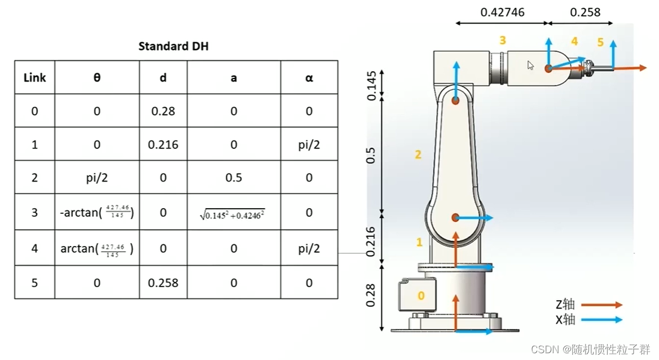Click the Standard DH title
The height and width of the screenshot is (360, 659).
[173, 46]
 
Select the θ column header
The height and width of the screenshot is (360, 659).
[96, 77]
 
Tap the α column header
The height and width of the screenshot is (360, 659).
[309, 78]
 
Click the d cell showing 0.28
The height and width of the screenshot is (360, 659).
[163, 111]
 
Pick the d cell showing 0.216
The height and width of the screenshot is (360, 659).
[163, 144]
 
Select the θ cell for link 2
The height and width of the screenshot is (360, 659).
[96, 178]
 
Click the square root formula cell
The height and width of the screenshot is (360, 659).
[232, 214]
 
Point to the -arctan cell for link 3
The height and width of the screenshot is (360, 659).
[96, 212]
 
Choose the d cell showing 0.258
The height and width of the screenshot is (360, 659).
[163, 283]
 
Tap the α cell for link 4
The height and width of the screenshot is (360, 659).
[309, 248]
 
